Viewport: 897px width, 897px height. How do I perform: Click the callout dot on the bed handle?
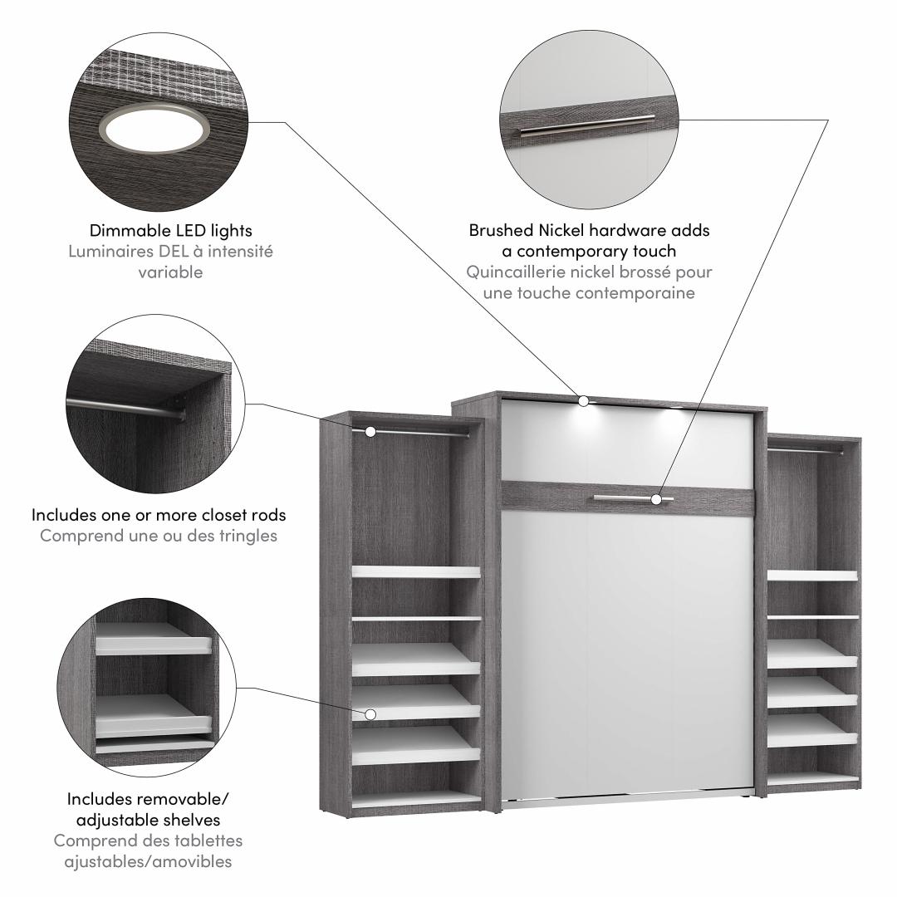656,499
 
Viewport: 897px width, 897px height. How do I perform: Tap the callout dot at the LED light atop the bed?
583,401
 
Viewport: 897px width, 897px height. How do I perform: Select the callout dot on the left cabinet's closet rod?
370,431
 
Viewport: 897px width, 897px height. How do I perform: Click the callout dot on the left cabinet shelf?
370,714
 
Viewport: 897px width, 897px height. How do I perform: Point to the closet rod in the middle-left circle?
126,408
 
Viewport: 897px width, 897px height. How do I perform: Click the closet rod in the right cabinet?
806,449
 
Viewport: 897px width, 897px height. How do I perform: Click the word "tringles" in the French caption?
248,536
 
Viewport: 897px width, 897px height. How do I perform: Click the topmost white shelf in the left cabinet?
416,571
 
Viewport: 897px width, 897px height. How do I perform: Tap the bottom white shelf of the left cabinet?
416,800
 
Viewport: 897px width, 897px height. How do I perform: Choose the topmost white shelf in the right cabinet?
812,575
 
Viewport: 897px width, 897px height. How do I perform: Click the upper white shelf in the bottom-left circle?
153,640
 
